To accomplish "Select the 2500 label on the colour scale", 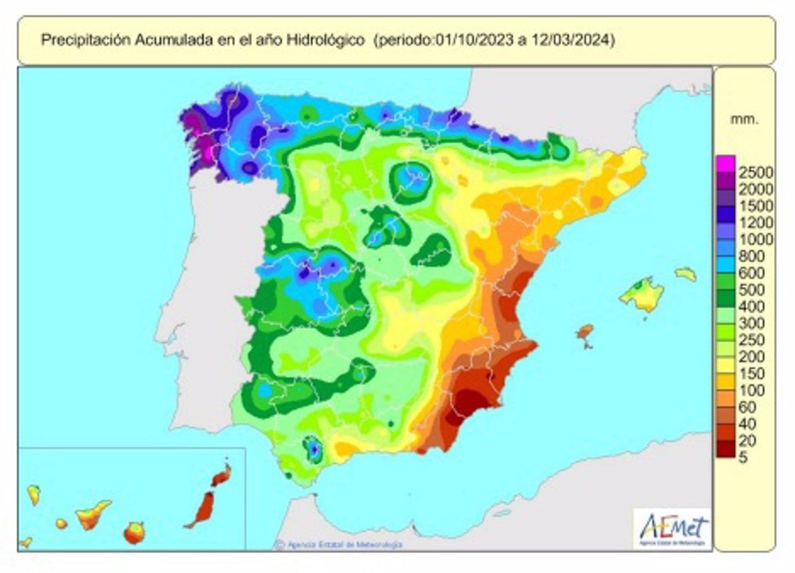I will point(755,172).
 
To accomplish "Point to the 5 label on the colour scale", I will point(743,457).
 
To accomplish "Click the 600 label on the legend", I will point(752,273).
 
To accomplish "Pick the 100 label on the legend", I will point(752,390).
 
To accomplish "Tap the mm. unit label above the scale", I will point(744,119).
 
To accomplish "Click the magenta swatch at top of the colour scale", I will point(725,163).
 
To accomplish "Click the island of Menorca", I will point(686,274).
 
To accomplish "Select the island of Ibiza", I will point(585,332).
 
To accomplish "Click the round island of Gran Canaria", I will point(134,533).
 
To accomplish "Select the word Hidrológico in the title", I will point(325,40).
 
